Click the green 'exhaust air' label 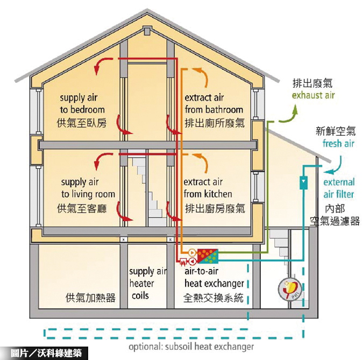click(313, 96)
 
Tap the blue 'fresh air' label click(338, 144)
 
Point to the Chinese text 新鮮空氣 click(335, 131)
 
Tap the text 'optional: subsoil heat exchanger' click(191, 347)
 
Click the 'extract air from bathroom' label click(214, 104)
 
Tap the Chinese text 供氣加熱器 click(90, 297)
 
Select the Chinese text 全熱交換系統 click(214, 297)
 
